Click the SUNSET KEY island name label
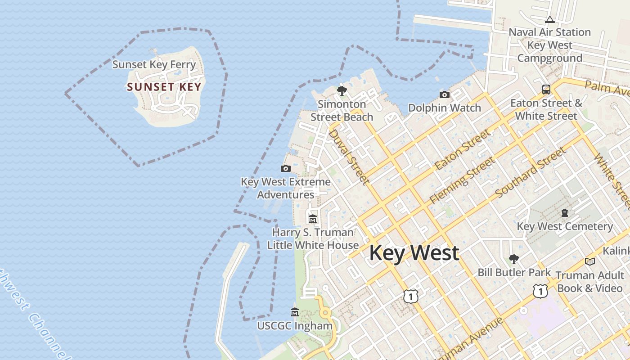click(164, 87)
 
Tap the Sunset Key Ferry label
click(154, 64)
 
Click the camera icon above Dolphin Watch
click(445, 94)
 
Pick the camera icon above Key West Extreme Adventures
click(285, 169)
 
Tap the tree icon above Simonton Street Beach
click(342, 91)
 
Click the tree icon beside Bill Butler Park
click(513, 259)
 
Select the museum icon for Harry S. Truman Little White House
click(313, 219)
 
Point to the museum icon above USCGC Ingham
click(295, 312)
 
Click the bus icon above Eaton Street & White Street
click(546, 90)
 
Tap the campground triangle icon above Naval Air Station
click(549, 19)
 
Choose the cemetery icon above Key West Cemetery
click(565, 213)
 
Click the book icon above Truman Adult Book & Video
click(589, 261)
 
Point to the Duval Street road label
click(349, 157)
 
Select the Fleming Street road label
click(462, 180)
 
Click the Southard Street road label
click(530, 173)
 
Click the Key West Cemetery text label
click(565, 226)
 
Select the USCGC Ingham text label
click(295, 325)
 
